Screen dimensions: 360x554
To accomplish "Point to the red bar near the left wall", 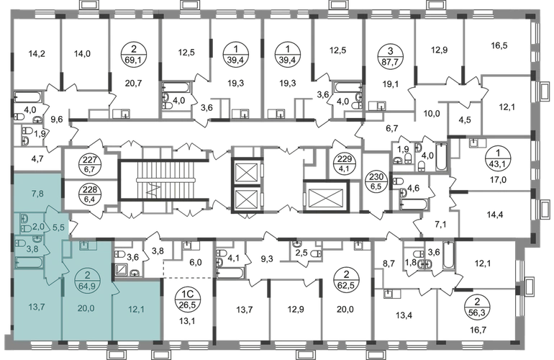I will tap(27, 94).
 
